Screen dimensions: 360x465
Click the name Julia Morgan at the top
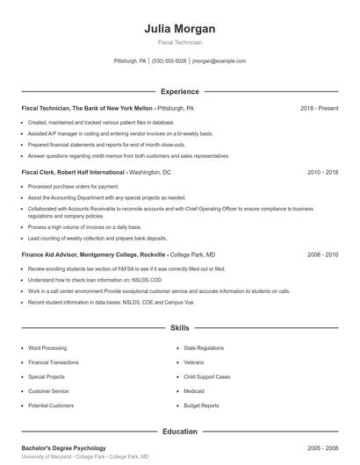click(179, 29)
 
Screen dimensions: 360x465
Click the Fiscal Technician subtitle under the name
click(179, 42)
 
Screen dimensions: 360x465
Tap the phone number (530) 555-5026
click(169, 61)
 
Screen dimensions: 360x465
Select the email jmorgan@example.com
click(219, 61)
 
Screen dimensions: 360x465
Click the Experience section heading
click(179, 91)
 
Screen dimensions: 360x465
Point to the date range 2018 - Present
click(319, 108)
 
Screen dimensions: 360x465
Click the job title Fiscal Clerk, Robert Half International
click(73, 173)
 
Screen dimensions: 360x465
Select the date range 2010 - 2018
click(322, 173)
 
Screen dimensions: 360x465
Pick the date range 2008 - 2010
click(322, 254)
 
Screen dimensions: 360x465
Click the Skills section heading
click(179, 328)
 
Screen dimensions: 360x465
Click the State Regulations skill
click(204, 347)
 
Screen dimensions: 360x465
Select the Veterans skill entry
click(194, 362)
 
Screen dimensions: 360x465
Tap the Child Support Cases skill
click(207, 376)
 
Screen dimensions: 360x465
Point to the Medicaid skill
click(194, 391)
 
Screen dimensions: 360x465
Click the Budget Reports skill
click(202, 406)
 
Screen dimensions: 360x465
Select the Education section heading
click(179, 432)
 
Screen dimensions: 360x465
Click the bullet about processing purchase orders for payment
click(74, 187)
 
